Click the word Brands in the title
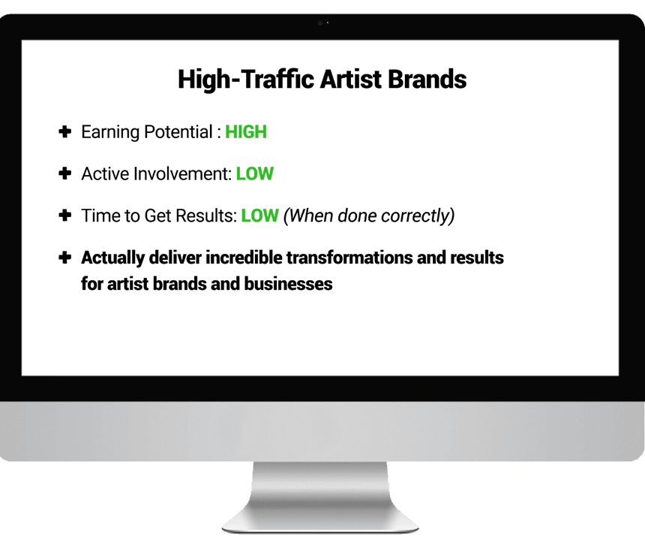coord(427,79)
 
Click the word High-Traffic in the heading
coord(246,80)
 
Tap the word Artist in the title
coord(351,79)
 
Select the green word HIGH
coord(246,131)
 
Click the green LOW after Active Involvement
coord(255,173)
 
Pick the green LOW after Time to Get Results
coord(260,216)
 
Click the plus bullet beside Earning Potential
coord(65,131)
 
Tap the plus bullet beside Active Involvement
coord(65,173)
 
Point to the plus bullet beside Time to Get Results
coord(65,215)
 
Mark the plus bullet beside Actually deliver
coord(65,258)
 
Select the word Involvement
coord(182,173)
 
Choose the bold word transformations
coord(349,258)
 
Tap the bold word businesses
coord(288,284)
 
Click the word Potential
coord(178,131)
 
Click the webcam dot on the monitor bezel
coord(320,23)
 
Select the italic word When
coord(308,216)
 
